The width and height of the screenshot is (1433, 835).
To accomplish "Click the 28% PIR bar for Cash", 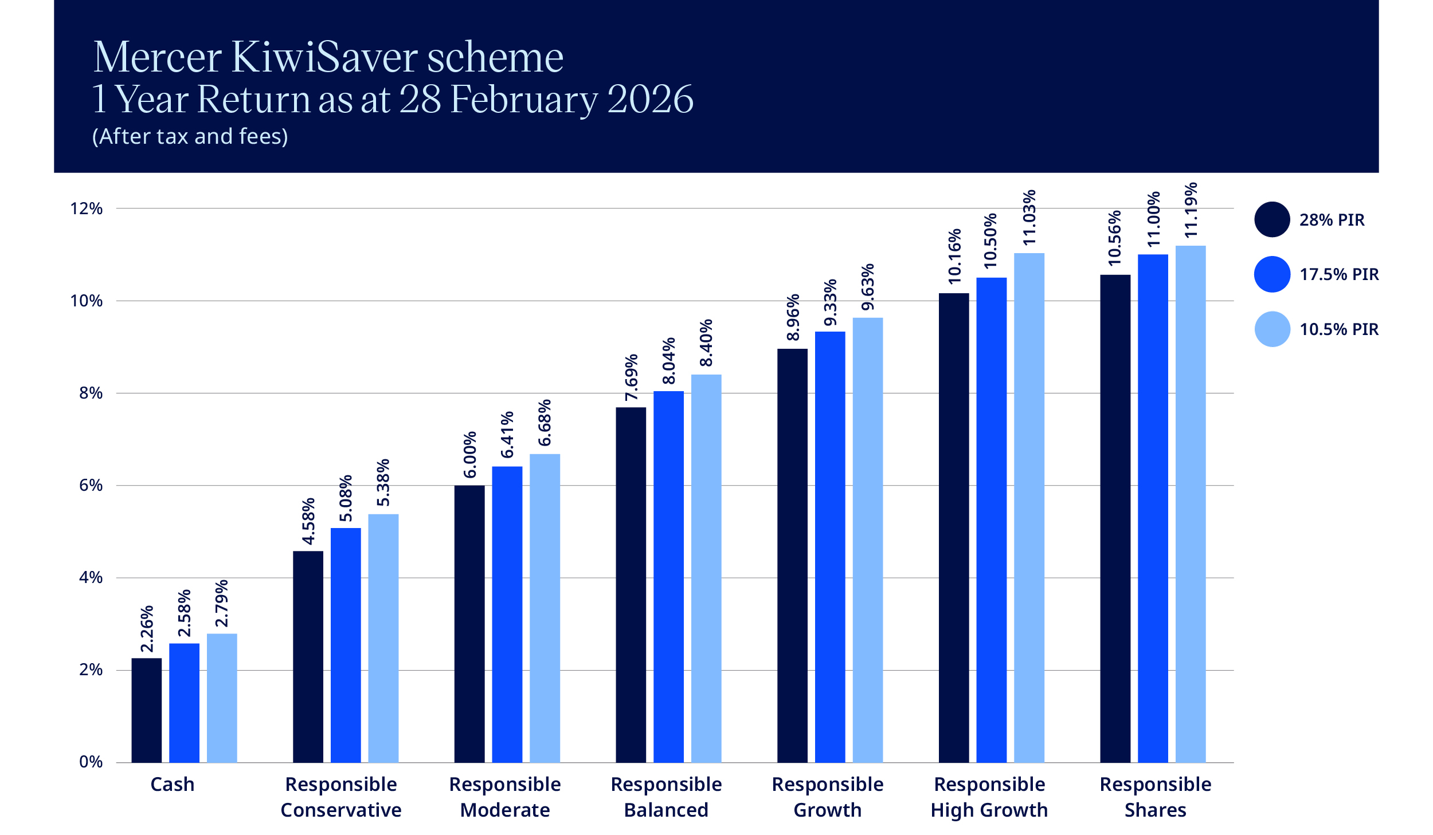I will click(x=146, y=710).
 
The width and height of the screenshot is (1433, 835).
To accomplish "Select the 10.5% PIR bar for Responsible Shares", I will click(x=1190, y=504).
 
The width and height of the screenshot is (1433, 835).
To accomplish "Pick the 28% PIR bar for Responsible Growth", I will click(x=792, y=556).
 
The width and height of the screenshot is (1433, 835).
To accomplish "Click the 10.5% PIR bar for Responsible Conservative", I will click(x=383, y=638).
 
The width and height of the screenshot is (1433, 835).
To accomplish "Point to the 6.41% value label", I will click(x=507, y=435).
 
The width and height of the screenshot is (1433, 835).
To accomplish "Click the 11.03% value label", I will click(x=1029, y=218).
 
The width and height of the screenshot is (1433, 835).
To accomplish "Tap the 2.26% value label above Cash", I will click(x=147, y=629).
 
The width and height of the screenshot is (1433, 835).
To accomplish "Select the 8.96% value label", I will click(x=793, y=317).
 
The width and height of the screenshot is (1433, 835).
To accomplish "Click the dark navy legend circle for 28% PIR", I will click(x=1272, y=219).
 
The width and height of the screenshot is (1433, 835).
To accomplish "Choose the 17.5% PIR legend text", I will click(x=1338, y=274).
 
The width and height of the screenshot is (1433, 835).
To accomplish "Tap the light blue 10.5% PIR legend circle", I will click(x=1272, y=329).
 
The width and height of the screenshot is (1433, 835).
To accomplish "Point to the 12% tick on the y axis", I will click(x=87, y=208).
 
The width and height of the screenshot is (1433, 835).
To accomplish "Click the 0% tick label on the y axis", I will click(x=91, y=762).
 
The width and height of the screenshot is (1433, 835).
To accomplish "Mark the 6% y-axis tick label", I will click(x=91, y=485).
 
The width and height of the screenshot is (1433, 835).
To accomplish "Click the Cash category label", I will click(x=172, y=784).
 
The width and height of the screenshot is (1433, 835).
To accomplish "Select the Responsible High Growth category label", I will click(x=989, y=797).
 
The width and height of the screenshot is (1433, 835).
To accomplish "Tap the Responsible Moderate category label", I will click(x=505, y=797).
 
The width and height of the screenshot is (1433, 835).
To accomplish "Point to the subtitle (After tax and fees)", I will click(x=190, y=136).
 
